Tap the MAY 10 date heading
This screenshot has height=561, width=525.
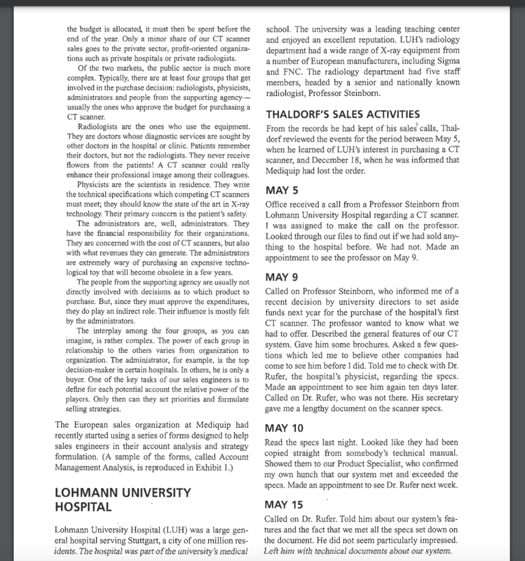pyautogui.click(x=283, y=428)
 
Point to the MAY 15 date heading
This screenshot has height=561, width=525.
pyautogui.click(x=283, y=505)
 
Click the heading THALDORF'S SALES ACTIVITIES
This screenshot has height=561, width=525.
pyautogui.click(x=343, y=115)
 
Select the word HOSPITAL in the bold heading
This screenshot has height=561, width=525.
pyautogui.click(x=83, y=507)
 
